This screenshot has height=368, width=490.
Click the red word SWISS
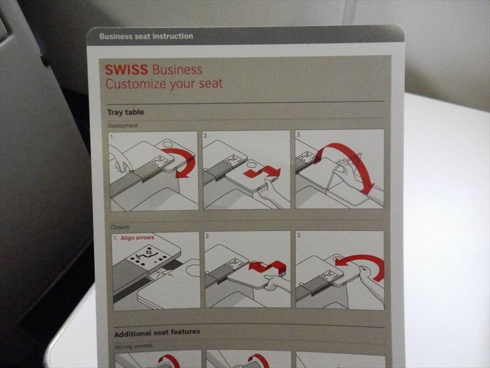[126, 69]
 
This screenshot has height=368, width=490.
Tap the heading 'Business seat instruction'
[146, 36]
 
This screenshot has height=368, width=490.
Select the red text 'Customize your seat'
[164, 83]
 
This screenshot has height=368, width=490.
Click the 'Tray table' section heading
[126, 112]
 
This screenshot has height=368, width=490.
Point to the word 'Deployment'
[123, 126]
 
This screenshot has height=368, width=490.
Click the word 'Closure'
[120, 227]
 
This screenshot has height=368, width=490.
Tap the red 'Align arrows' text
[137, 238]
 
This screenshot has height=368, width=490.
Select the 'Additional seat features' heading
[157, 333]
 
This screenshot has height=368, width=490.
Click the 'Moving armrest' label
[134, 347]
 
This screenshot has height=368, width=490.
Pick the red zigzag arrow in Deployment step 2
[263, 172]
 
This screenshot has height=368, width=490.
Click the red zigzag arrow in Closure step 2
[267, 267]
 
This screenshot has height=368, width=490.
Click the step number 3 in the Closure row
[299, 235]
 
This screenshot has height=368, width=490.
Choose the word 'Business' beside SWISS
[178, 69]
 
